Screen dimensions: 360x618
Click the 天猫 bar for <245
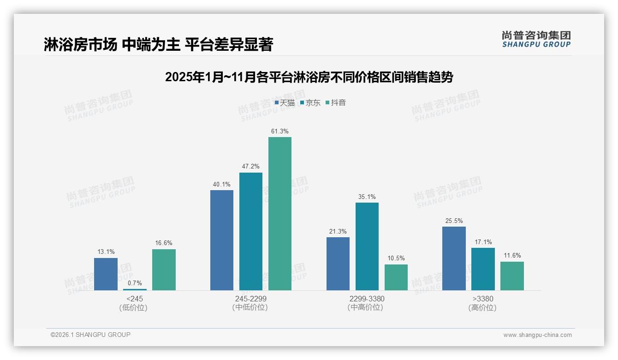(x=106, y=274)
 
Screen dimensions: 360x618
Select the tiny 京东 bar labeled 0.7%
(x=135, y=289)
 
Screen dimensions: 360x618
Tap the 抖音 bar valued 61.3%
(x=280, y=214)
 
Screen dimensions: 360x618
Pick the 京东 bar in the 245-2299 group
(x=251, y=231)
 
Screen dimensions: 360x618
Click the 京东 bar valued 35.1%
(x=367, y=246)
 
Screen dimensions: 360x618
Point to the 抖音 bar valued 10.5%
(x=396, y=277)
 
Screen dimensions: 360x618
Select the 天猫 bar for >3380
(x=454, y=258)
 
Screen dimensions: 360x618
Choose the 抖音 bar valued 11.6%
(x=512, y=276)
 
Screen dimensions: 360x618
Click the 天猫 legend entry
(x=285, y=103)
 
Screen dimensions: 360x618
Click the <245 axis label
(x=134, y=299)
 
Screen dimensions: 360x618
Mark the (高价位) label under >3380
(x=482, y=308)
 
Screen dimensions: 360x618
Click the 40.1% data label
(x=222, y=184)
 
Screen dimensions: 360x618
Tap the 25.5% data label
(x=454, y=221)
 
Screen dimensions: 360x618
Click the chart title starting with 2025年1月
(x=309, y=77)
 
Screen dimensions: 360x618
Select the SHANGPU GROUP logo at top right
(x=536, y=39)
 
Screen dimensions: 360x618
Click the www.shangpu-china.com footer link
(x=537, y=335)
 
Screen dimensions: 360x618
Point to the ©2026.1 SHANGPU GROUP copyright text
(x=90, y=335)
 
